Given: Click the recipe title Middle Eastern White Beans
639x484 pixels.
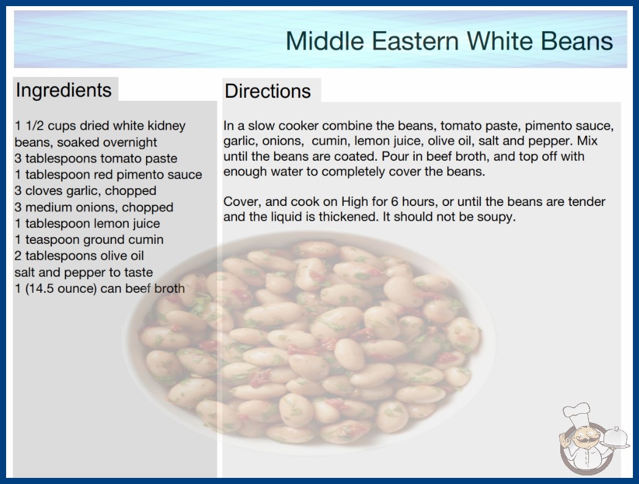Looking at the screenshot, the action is pos(449,41).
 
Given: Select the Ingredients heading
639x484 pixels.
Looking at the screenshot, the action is pos(64,90).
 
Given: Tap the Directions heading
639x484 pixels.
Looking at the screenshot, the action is pos(268,91).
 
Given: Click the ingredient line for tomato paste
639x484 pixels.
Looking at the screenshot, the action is pos(96,158).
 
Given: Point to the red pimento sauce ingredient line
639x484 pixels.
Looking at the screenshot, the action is pos(108,175).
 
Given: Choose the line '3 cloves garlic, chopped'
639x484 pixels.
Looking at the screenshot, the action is pos(86,191).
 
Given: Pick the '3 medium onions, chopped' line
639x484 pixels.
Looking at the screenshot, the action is pos(94,207).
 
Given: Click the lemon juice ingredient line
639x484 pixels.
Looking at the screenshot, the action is pos(87,224).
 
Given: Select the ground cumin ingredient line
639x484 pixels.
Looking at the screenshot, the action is pos(89,240).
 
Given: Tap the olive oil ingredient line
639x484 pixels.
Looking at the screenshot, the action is pos(79,256).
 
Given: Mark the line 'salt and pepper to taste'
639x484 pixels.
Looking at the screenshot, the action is pos(84,273).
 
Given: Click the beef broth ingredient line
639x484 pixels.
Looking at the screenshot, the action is pos(100,288).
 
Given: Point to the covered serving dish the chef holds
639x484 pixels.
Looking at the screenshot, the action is pos(616,438).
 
